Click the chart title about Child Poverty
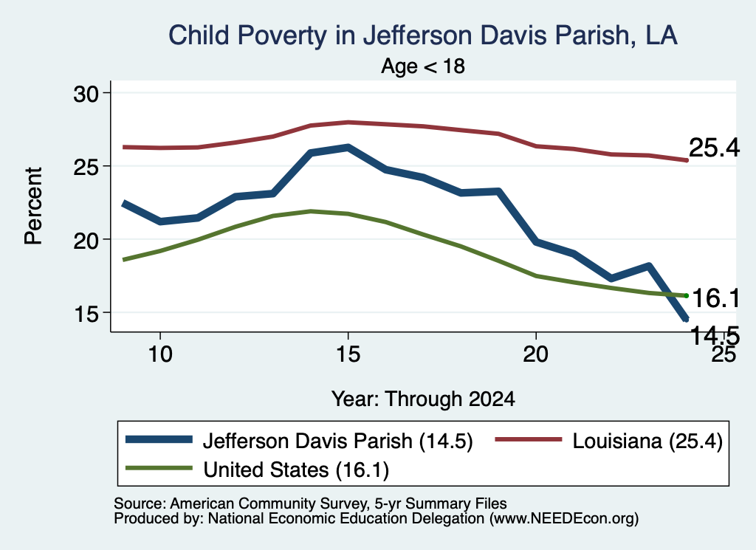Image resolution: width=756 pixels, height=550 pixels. tap(423, 35)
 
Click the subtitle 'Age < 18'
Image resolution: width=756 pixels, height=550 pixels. tap(423, 66)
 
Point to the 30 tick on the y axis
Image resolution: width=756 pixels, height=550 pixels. tap(86, 94)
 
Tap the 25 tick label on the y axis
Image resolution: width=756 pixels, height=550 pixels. tap(86, 167)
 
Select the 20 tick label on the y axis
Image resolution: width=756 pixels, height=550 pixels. tap(86, 240)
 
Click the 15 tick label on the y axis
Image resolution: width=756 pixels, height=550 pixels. tap(86, 314)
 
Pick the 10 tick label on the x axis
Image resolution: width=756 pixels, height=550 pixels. tap(160, 354)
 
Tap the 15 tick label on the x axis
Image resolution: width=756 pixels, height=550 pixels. tap(348, 354)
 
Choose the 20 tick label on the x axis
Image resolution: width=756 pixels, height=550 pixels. tap(536, 354)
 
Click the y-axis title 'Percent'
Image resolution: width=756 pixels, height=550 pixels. tap(33, 206)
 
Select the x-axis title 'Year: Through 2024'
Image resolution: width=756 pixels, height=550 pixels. tap(423, 399)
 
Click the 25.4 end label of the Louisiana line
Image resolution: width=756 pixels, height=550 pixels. tap(714, 148)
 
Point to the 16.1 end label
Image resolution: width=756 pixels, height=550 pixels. tap(715, 298)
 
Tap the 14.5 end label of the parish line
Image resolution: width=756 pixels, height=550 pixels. tap(715, 335)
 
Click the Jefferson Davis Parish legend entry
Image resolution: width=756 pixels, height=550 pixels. tap(299, 441)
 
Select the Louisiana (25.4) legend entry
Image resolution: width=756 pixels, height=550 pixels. tap(609, 441)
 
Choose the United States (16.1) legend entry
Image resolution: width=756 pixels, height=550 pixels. tap(257, 470)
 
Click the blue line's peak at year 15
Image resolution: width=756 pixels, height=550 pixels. tap(348, 147)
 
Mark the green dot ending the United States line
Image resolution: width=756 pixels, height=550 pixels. tap(687, 295)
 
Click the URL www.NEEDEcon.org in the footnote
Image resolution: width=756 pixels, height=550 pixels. tap(563, 519)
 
